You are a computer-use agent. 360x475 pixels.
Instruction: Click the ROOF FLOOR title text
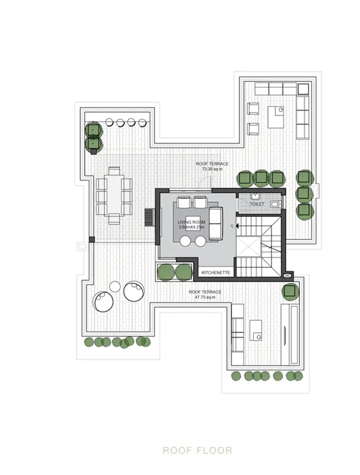[197, 451]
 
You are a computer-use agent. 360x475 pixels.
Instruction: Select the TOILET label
[257, 203]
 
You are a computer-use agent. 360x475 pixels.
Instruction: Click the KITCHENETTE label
[215, 273]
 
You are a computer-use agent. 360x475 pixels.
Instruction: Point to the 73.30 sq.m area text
[212, 169]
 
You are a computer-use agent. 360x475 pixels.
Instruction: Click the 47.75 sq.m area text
[205, 297]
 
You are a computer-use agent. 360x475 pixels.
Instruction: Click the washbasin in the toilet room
[254, 195]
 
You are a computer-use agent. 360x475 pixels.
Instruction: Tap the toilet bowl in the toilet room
[274, 204]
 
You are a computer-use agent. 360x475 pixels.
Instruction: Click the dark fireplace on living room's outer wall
[149, 218]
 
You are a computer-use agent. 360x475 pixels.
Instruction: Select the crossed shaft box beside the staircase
[288, 276]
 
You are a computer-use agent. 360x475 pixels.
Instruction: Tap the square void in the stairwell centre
[248, 247]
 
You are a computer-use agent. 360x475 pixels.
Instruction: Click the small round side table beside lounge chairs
[115, 287]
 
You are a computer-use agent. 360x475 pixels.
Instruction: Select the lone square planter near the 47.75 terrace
[290, 291]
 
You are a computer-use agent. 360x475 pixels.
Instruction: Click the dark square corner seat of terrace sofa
[303, 88]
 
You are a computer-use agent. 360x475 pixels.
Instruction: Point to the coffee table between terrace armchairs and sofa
[275, 117]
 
